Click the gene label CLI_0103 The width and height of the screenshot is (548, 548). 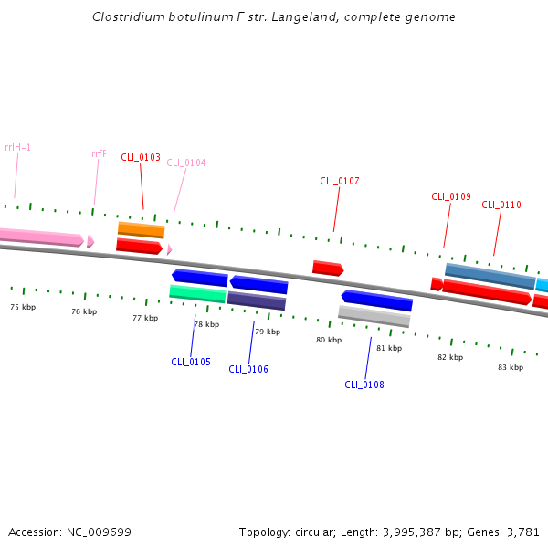(141, 157)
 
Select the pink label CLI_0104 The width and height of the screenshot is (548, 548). (186, 163)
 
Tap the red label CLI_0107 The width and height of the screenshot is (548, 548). (340, 181)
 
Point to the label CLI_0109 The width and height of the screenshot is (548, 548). (451, 196)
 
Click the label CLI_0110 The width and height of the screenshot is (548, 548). (501, 205)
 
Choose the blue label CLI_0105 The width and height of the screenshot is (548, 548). (191, 362)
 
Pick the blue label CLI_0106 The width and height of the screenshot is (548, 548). (248, 369)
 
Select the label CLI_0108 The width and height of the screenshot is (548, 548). (364, 385)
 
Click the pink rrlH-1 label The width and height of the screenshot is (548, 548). (17, 147)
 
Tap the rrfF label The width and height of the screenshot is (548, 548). (99, 153)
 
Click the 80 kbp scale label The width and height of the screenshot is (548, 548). (329, 340)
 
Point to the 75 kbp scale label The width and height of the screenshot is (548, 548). (23, 307)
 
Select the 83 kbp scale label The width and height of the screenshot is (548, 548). (511, 367)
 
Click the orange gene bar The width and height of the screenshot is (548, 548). (142, 229)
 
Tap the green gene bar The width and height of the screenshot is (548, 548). (198, 293)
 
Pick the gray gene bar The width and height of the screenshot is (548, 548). (374, 316)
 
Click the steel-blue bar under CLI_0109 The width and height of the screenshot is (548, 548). (490, 276)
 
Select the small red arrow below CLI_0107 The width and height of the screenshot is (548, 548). (327, 269)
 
